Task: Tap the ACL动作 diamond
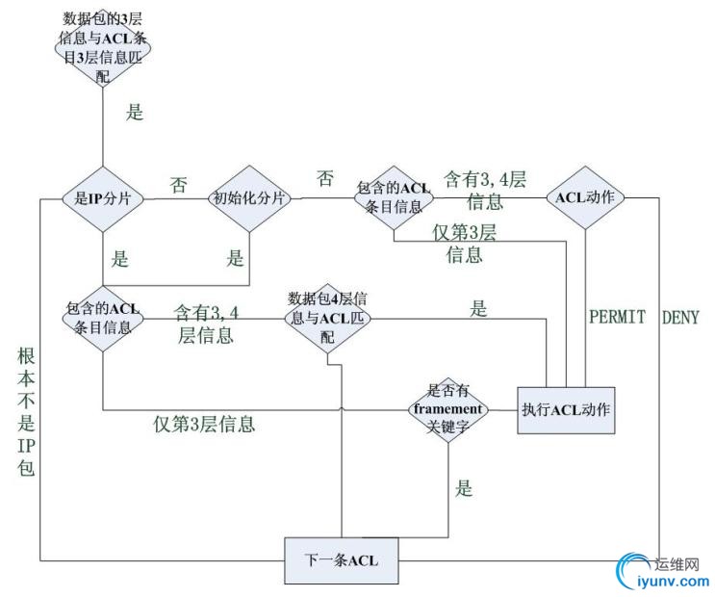[586, 197]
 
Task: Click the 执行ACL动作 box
[566, 408]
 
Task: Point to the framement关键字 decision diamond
[447, 407]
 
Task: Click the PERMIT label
[617, 316]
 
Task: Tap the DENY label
[680, 316]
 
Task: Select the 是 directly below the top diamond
[135, 112]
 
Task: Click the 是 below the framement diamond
[464, 489]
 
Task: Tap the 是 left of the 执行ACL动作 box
[478, 309]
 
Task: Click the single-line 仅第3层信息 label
[211, 422]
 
